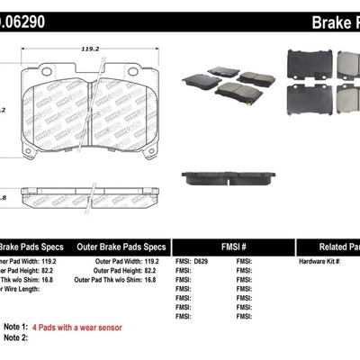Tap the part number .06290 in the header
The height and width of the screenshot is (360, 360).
[x=24, y=20]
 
